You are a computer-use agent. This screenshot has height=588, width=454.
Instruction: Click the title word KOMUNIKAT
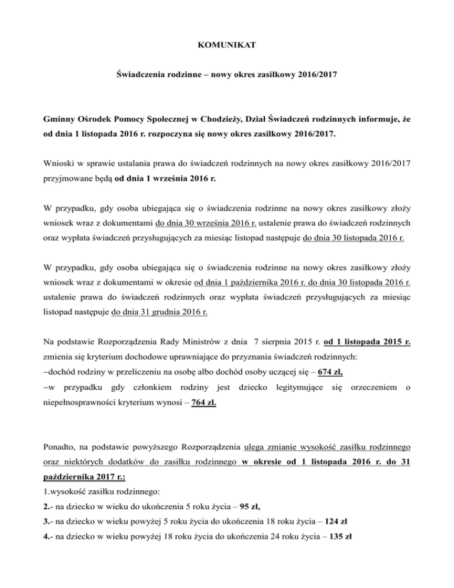(x=226, y=44)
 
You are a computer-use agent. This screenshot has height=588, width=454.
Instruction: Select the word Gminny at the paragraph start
(x=76, y=119)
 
